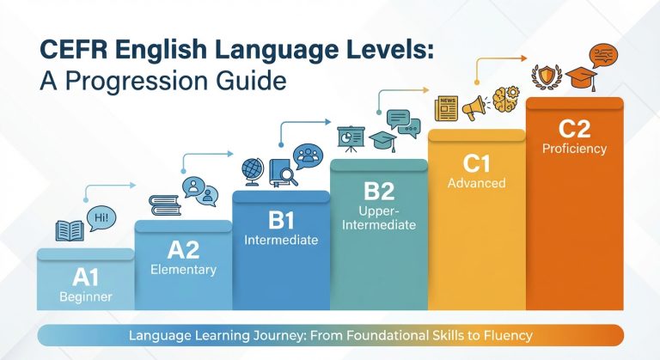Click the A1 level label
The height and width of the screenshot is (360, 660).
coord(85,278)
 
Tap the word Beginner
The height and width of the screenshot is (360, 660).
coord(85,297)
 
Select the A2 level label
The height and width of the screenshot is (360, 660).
coord(182,250)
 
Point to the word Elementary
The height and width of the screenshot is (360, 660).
coord(182,269)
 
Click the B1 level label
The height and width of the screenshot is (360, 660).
coord(281,219)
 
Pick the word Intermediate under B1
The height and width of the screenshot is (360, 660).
coord(281,239)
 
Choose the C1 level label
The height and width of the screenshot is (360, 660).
coord(476,161)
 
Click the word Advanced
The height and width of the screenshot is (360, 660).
coord(476,183)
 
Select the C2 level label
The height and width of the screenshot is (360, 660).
coord(574,128)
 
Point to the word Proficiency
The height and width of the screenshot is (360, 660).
coord(574,149)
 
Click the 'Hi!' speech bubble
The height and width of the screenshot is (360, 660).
coord(101,217)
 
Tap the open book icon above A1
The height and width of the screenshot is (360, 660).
coord(70,230)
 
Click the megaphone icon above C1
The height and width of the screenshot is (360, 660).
coord(474,107)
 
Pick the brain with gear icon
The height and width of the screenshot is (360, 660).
coord(504,98)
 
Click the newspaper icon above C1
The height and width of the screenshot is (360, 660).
coord(446,107)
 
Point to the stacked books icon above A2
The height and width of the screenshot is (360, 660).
coord(162,205)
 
